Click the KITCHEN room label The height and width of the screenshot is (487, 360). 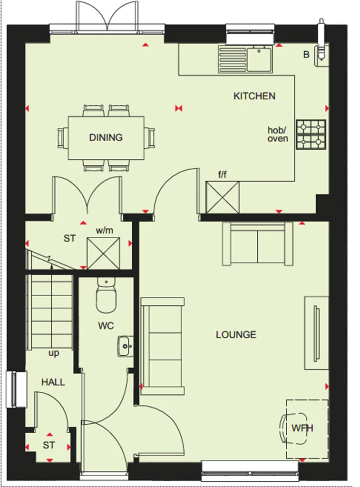pos(254,96)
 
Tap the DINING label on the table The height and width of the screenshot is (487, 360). pos(106,137)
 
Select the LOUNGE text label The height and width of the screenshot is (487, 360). pos(236,335)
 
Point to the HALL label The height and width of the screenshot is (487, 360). pos(53,382)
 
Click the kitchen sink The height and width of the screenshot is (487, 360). pos(245,59)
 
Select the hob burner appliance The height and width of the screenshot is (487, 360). pos(311,134)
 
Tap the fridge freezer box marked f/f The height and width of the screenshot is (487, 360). pos(223,197)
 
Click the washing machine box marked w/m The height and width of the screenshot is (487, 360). pos(103,253)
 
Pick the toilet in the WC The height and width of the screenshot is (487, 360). pos(106,296)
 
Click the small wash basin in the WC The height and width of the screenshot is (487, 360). pos(126,346)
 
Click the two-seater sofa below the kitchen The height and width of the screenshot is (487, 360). pos(257,244)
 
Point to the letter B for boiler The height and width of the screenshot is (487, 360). pos(306,55)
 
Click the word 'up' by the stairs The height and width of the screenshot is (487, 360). pos(53,353)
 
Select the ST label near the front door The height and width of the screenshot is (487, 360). pos(49,446)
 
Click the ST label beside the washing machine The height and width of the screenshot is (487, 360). pos(69,238)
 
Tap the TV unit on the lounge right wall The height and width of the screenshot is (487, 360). pos(316,333)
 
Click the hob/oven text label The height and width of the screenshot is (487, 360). pos(277,135)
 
